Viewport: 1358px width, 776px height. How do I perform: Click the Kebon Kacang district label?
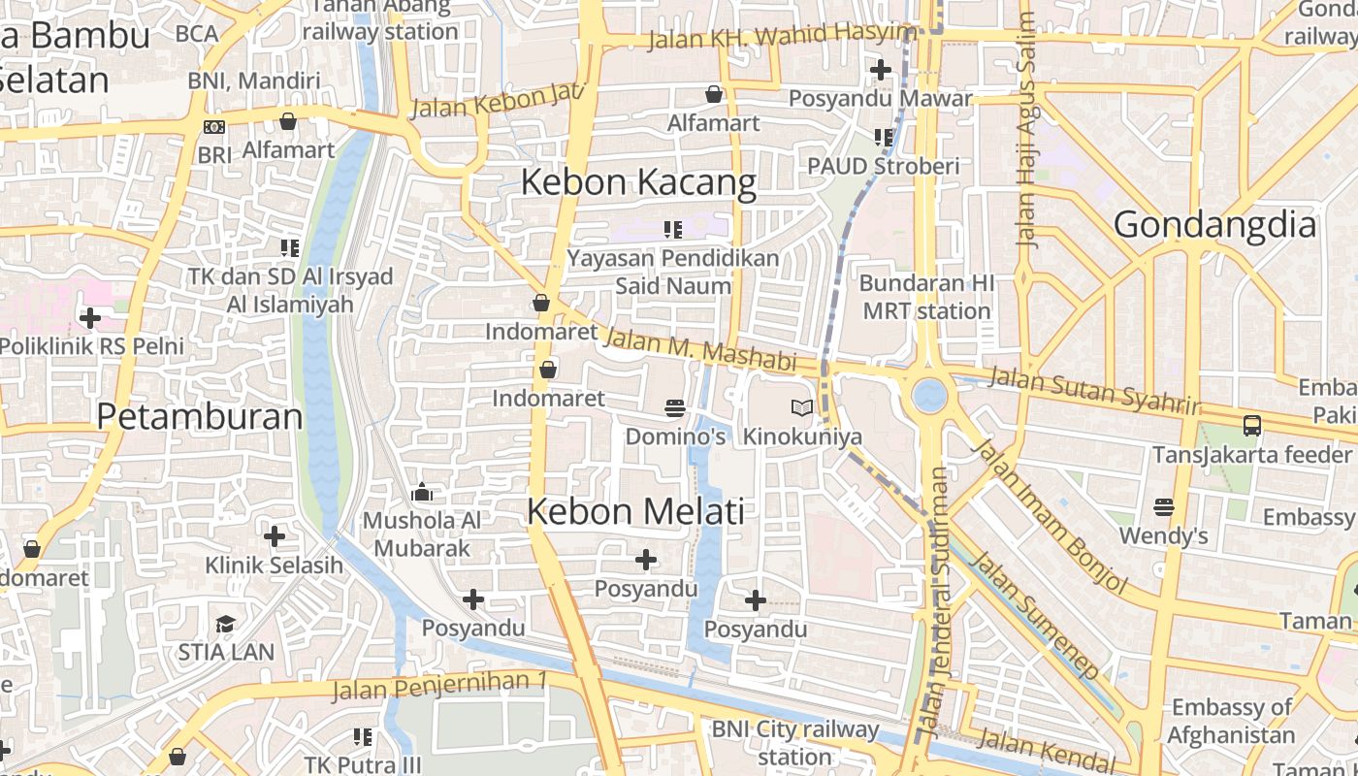pos(638,182)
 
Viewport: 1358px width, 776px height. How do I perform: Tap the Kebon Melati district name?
pos(635,511)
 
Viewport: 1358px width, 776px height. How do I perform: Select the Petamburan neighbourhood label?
pos(200,416)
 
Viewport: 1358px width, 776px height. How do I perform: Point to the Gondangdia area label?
pos(1214,225)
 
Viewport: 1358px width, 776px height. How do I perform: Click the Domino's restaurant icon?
pos(675,407)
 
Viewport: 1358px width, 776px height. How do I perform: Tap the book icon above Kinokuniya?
pos(802,407)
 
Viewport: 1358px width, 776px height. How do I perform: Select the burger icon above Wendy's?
pos(1164,506)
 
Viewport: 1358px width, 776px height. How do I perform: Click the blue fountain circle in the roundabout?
pos(929,395)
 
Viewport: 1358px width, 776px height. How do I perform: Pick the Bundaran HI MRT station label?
pos(926,297)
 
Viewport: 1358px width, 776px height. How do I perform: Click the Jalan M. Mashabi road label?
pos(699,351)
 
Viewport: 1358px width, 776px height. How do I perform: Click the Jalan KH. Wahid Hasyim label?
pos(781,37)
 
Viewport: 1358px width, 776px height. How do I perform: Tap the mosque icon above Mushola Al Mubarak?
pos(422,493)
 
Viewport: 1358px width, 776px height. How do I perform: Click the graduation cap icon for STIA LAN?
pos(226,623)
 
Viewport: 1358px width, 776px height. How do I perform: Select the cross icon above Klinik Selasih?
pos(275,535)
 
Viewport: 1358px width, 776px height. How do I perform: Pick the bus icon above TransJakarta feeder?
pos(1252,425)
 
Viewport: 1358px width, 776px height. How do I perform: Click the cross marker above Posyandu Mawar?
pos(880,70)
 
